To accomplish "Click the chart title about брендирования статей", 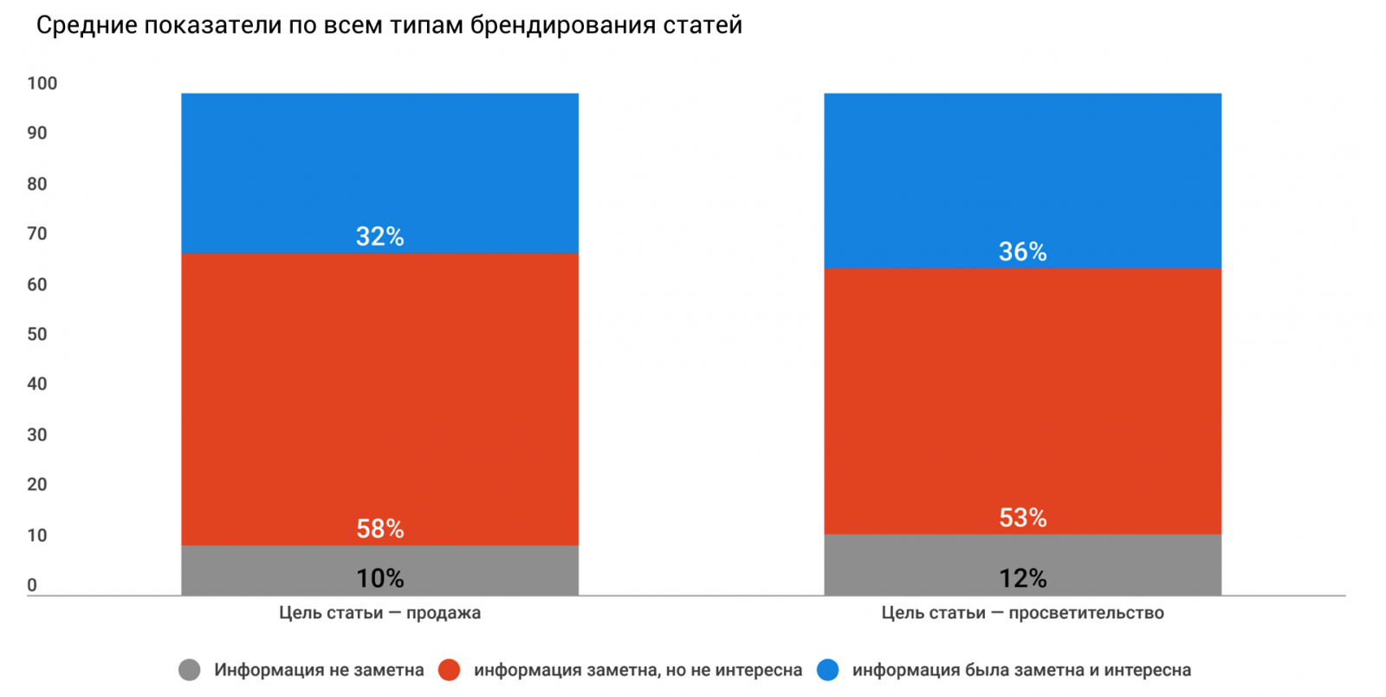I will point(389,25).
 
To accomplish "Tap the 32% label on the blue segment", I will point(379,236).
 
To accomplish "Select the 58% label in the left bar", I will point(379,528).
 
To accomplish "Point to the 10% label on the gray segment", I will point(379,578).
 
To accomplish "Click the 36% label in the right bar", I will point(1022,252).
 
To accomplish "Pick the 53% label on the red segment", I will point(1022,518).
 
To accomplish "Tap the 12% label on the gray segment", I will point(1022,578).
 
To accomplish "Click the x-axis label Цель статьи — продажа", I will point(379,613).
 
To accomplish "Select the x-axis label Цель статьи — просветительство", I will point(1022,613).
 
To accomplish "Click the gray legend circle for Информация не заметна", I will point(189,669).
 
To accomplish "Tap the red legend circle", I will point(449,669).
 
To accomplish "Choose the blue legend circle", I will point(828,669).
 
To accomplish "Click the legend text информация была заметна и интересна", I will point(1021,669).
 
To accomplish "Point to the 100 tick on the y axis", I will point(42,83).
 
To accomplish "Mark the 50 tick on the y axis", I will point(36,334).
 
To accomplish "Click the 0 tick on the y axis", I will point(32,585).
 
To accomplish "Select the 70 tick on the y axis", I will point(36,234).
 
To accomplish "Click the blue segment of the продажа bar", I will point(379,165).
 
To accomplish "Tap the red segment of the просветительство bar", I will point(1022,390).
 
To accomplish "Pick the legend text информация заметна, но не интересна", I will point(638,669).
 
